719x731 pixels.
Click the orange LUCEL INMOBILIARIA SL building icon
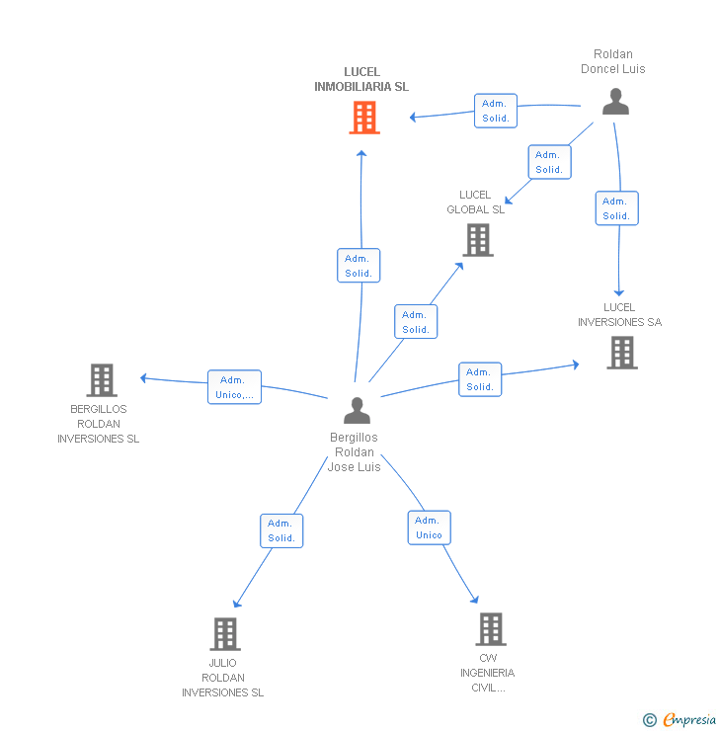pos(364,118)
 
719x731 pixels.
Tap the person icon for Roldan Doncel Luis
pos(615,101)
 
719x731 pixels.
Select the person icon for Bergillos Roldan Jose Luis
pos(357,410)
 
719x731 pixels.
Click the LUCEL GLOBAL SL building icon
pos(478,240)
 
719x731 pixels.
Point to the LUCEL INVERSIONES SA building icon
pos(622,353)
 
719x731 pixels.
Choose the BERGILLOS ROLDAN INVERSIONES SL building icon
pos(102,380)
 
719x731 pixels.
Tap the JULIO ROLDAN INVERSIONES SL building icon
pos(225,634)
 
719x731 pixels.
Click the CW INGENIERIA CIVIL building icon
pos(491,629)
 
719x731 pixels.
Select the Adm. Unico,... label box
pos(234,387)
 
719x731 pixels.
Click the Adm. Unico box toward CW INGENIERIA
pos(430,528)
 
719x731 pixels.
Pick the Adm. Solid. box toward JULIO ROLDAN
pos(281,531)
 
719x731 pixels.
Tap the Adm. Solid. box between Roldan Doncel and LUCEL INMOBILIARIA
pos(496,111)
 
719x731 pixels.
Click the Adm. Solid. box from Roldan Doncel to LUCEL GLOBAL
pos(550,162)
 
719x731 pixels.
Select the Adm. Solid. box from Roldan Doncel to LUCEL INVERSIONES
pos(617,208)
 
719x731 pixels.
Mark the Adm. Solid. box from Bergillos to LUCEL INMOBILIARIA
pos(359,266)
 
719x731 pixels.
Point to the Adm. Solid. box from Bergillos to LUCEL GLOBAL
pos(416,322)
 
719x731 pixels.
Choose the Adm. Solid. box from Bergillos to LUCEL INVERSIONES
pos(480,379)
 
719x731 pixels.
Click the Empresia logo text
pos(689,719)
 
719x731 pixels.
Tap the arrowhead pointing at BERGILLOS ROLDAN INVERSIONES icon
pos(143,378)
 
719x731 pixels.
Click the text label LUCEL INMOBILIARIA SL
pos(361,79)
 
